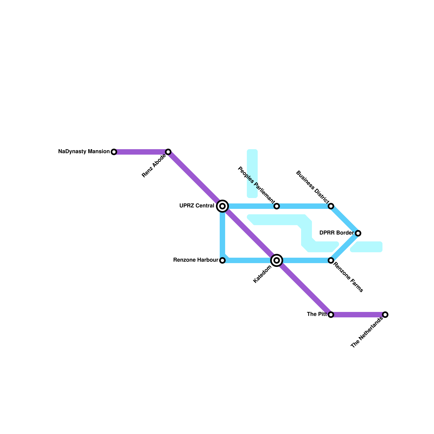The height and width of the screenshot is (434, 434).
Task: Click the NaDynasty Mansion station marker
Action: click(x=114, y=152)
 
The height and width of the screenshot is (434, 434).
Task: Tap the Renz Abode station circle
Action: click(x=168, y=152)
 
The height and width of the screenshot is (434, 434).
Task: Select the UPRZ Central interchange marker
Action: click(x=222, y=206)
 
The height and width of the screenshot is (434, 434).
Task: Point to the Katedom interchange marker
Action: click(x=277, y=260)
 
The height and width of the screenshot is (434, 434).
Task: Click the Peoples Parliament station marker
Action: click(x=277, y=206)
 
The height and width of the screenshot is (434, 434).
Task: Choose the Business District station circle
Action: click(x=331, y=206)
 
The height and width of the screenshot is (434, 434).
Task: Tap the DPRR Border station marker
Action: click(x=358, y=233)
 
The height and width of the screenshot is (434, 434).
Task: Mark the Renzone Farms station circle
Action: click(x=331, y=260)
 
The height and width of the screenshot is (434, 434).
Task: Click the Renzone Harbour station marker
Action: click(x=222, y=260)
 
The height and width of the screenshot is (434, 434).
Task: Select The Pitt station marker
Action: click(x=331, y=315)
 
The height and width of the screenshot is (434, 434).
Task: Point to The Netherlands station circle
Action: click(x=385, y=315)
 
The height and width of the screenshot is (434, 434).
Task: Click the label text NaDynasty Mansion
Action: click(x=84, y=152)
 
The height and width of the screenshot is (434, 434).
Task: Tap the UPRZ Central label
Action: click(x=197, y=206)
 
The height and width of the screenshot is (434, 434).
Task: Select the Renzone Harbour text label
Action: click(x=196, y=260)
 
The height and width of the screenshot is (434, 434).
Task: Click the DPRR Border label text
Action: click(x=336, y=233)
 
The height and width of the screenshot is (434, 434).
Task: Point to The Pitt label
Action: click(x=317, y=314)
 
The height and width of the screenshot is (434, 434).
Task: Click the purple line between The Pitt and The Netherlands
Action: click(x=358, y=315)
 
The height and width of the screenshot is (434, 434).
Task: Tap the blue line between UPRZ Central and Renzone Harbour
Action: click(x=222, y=233)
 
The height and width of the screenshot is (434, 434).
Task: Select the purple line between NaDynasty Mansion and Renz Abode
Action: click(x=141, y=152)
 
